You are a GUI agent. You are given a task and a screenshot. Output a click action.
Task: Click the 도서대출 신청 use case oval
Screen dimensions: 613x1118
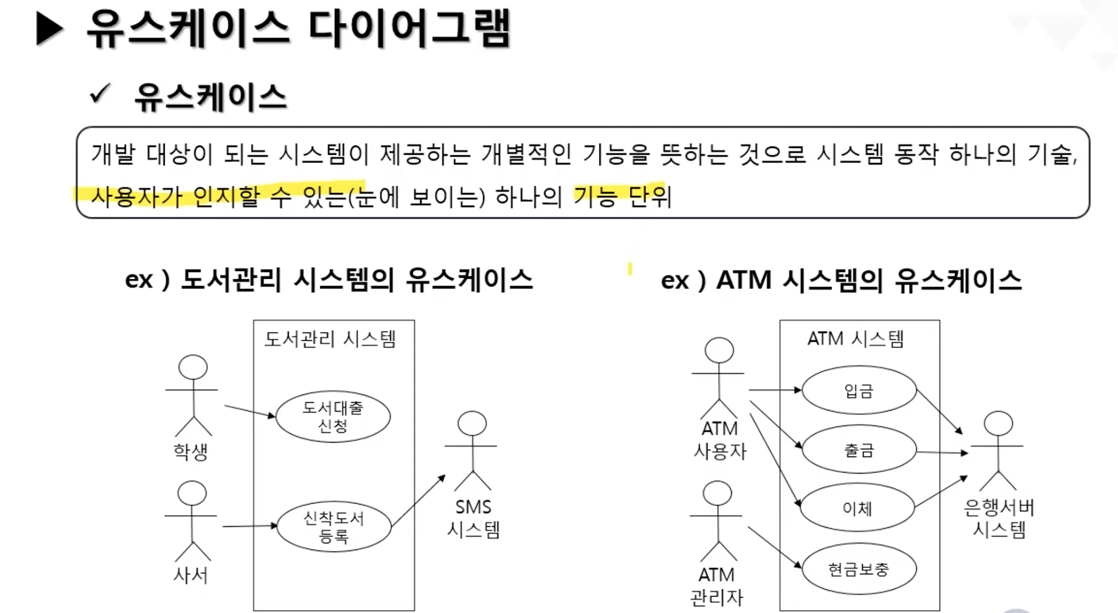click(333, 416)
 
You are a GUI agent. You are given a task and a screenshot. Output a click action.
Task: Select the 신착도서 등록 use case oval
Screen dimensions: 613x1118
click(333, 527)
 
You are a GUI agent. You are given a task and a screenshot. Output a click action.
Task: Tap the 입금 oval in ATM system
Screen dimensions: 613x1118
click(859, 390)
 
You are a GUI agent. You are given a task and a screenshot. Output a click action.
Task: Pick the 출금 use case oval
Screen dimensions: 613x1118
click(859, 450)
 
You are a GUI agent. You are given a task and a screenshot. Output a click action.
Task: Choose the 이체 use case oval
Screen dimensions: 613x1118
click(857, 508)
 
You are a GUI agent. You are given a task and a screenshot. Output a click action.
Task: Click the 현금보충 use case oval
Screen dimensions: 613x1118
click(859, 569)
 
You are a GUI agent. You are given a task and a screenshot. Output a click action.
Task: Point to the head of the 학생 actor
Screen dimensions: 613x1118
click(193, 368)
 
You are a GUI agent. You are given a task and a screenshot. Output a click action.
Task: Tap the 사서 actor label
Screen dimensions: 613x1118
click(191, 576)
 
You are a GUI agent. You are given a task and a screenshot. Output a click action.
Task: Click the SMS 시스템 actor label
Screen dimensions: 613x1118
click(473, 518)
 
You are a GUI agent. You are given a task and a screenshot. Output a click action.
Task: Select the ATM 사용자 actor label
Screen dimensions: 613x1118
click(720, 440)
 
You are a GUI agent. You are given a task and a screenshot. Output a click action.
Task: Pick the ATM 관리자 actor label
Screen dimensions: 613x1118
click(717, 586)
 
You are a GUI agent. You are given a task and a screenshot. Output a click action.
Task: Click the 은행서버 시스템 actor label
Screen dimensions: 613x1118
click(999, 518)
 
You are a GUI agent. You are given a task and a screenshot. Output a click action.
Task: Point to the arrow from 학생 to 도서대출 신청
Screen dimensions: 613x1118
click(250, 411)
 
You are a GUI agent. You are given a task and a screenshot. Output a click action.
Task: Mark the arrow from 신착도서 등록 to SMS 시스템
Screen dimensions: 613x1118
click(419, 500)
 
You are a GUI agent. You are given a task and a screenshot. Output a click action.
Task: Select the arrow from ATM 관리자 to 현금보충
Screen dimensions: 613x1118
click(775, 546)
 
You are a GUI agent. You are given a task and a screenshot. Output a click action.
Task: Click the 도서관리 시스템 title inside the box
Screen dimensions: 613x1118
click(330, 340)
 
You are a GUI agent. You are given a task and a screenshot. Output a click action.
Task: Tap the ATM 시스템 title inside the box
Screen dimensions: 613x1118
click(856, 340)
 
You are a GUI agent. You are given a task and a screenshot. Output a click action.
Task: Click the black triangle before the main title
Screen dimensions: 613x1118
click(49, 30)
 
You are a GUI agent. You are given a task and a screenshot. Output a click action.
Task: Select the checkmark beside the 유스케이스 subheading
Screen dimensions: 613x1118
click(100, 94)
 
